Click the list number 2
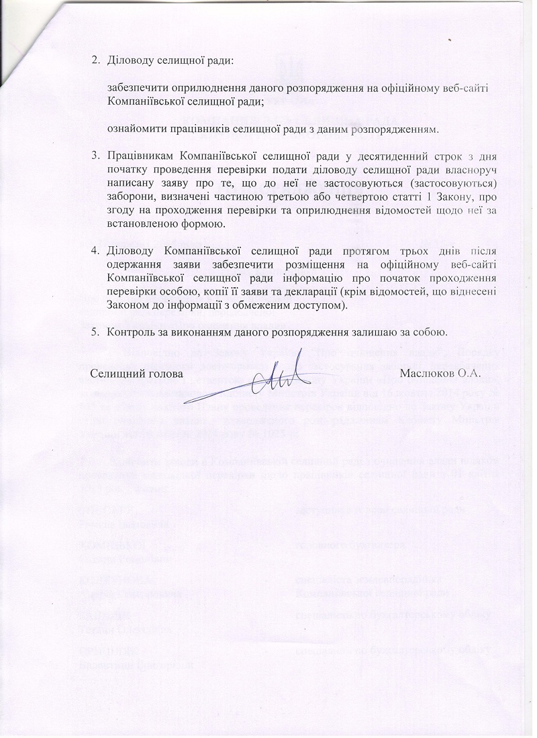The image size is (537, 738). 96,62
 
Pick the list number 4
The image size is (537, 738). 96,252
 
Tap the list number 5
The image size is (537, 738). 96,333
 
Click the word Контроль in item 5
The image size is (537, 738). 131,333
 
